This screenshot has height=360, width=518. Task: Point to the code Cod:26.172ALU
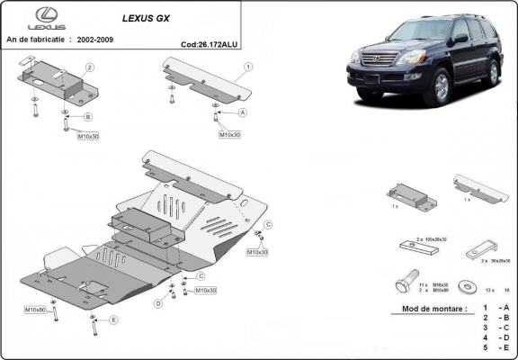[x=210, y=41]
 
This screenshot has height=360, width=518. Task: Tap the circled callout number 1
[x=247, y=67]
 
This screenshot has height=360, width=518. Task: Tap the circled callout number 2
[x=90, y=67]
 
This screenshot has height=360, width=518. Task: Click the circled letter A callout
[x=242, y=112]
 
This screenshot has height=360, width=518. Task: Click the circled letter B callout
[x=88, y=117]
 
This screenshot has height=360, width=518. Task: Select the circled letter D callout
[x=157, y=303]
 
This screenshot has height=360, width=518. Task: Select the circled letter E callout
[x=113, y=319]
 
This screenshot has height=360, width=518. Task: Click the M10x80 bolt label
[x=36, y=309]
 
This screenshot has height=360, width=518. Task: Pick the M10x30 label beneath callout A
[x=229, y=134]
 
